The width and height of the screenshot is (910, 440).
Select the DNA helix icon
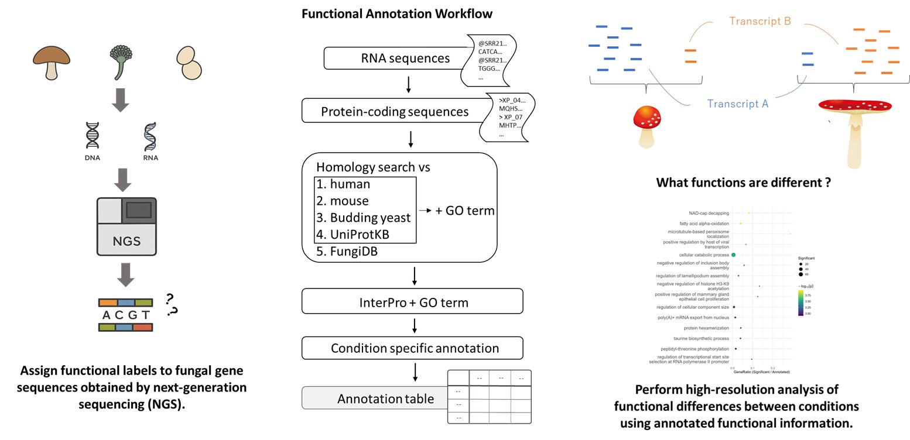click(93, 139)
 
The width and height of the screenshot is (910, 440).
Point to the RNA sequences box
click(396, 59)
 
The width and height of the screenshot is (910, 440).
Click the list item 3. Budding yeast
click(364, 218)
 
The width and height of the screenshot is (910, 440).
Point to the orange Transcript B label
click(760, 22)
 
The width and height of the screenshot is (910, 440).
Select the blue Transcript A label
click(737, 104)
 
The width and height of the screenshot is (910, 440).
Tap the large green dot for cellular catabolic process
click(733, 255)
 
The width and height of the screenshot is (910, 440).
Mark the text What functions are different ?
click(744, 183)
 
